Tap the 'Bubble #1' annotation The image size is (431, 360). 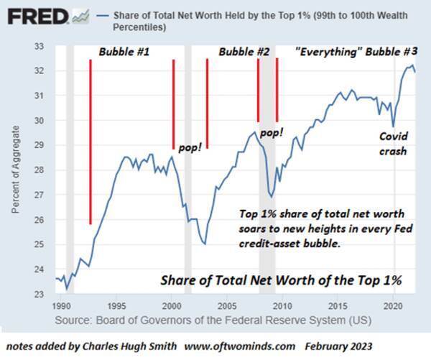123,52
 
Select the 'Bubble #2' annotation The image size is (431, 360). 244,52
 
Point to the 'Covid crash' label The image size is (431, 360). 394,144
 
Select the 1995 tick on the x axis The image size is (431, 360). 116,305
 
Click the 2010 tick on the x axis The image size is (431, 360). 282,305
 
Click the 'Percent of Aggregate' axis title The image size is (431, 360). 16,170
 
